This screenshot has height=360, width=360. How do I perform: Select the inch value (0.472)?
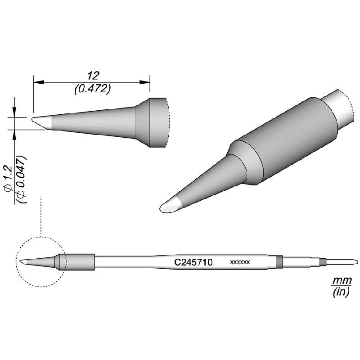click(92, 89)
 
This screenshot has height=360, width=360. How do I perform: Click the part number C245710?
click(193, 261)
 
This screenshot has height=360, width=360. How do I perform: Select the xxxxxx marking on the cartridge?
click(240, 261)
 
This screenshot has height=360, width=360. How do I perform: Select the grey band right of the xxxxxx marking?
click(279, 261)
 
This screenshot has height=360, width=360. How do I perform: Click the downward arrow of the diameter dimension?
click(14, 112)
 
